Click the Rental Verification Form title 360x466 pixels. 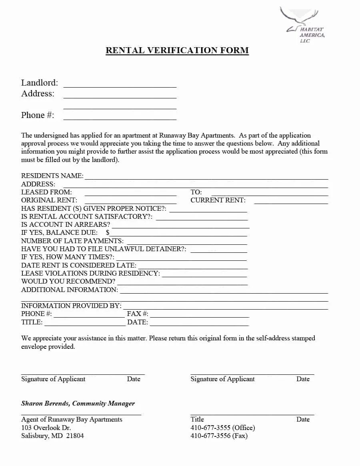177,50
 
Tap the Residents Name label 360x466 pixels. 52,176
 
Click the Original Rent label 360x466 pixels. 49,200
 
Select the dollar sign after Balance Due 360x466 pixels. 108,232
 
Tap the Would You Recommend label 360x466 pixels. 68,282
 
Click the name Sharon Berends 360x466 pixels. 45,404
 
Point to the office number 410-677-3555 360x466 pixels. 210,428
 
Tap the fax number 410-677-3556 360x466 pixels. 210,436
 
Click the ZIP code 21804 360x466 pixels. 75,436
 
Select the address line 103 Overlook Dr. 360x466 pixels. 46,428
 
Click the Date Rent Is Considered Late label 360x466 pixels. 78,265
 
